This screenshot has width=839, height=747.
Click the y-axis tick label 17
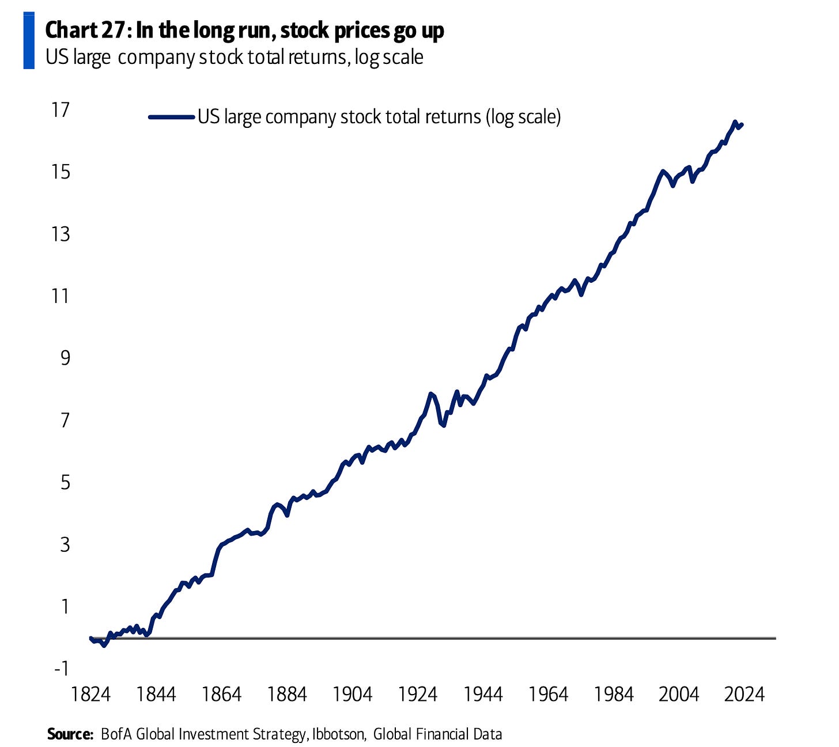pyautogui.click(x=60, y=109)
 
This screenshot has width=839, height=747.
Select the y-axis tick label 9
pyautogui.click(x=63, y=358)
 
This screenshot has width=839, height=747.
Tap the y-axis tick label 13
pyautogui.click(x=60, y=234)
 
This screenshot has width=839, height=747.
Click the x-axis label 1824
pyautogui.click(x=90, y=695)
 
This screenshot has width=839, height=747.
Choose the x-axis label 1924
pyautogui.click(x=418, y=695)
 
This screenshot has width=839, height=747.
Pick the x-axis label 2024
pyautogui.click(x=744, y=695)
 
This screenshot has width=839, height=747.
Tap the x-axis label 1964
pyautogui.click(x=549, y=695)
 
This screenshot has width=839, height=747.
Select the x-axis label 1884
pyautogui.click(x=287, y=695)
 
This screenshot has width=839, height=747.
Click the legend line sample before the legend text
pyautogui.click(x=171, y=117)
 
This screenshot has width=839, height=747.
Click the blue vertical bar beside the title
pyautogui.click(x=29, y=40)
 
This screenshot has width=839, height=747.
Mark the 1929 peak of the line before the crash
pyautogui.click(x=430, y=394)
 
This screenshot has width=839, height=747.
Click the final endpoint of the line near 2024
pyautogui.click(x=742, y=124)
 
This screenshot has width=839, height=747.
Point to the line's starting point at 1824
pyautogui.click(x=91, y=638)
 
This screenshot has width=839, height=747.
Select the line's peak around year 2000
pyautogui.click(x=663, y=171)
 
